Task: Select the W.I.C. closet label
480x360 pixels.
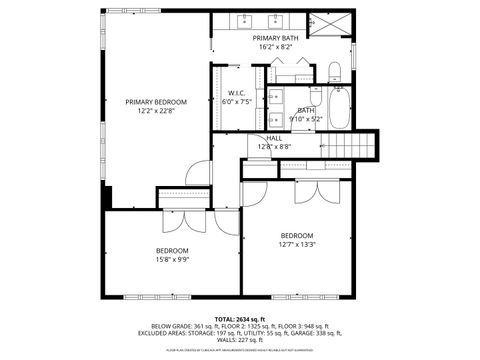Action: (224, 94)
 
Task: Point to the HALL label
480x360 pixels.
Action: (273, 138)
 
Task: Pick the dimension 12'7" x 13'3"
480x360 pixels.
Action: (298, 243)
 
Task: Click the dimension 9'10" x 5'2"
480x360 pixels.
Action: (305, 118)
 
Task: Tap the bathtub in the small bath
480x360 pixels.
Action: (339, 108)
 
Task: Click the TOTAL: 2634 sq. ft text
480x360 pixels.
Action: (240, 319)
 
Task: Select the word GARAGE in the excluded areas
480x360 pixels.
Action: (311, 333)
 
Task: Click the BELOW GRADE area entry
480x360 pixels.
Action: (178, 326)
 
